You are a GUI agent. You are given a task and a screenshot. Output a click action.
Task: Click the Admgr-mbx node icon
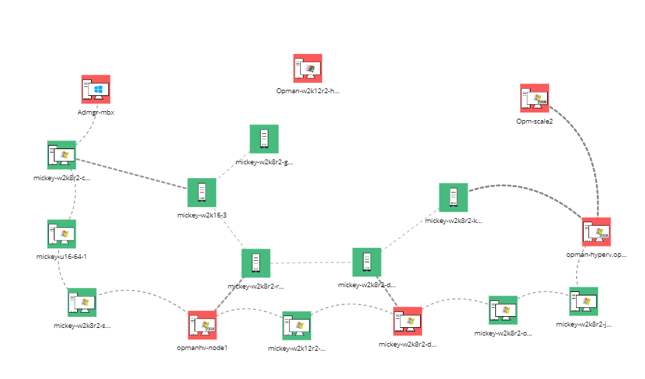(96, 90)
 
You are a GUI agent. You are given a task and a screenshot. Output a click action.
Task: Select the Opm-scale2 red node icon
(535, 98)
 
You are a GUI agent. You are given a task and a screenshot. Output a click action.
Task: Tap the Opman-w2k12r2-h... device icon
(308, 68)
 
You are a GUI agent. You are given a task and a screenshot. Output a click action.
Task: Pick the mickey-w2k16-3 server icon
(202, 193)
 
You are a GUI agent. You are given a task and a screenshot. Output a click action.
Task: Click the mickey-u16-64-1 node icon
(61, 235)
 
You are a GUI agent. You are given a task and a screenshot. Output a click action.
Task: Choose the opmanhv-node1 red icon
(202, 325)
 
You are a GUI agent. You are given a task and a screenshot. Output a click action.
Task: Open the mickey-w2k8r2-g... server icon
(264, 139)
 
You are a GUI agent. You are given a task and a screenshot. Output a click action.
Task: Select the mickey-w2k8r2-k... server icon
(453, 197)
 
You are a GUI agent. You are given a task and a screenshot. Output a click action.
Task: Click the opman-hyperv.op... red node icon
(596, 233)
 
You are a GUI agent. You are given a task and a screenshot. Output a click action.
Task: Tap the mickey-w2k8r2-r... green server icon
(256, 264)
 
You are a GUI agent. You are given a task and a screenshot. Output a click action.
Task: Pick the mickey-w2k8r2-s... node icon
(82, 303)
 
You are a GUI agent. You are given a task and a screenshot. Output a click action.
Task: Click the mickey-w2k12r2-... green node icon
(297, 326)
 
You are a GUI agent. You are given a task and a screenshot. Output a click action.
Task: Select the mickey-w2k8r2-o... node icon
(504, 311)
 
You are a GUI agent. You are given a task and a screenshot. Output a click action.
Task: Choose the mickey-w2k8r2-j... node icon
(584, 302)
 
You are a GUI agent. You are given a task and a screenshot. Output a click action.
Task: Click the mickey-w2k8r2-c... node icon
(61, 155)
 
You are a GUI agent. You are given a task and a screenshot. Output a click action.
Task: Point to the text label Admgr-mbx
(96, 112)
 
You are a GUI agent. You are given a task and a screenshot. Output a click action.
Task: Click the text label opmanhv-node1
(202, 347)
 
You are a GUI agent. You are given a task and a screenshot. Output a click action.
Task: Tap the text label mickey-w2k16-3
(202, 215)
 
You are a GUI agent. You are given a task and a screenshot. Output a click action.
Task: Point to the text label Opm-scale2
(535, 121)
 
